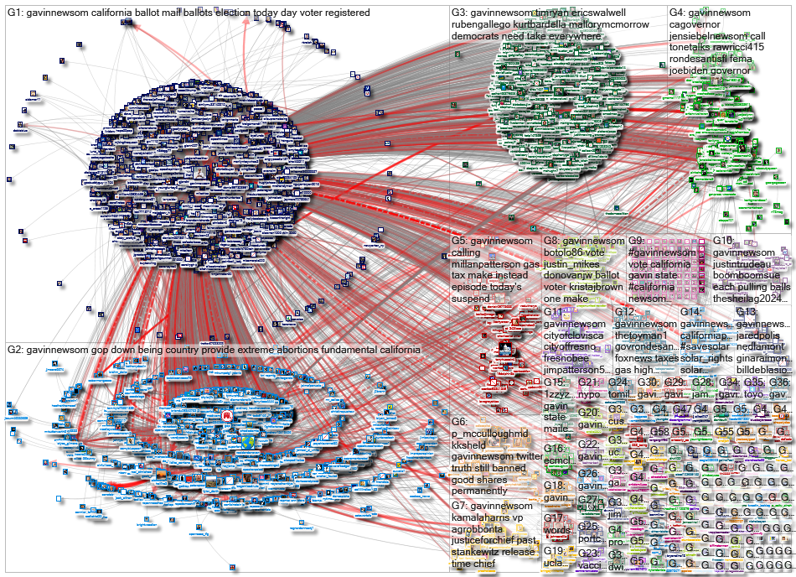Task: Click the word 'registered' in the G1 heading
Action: [416, 13]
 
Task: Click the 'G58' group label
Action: [660, 432]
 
